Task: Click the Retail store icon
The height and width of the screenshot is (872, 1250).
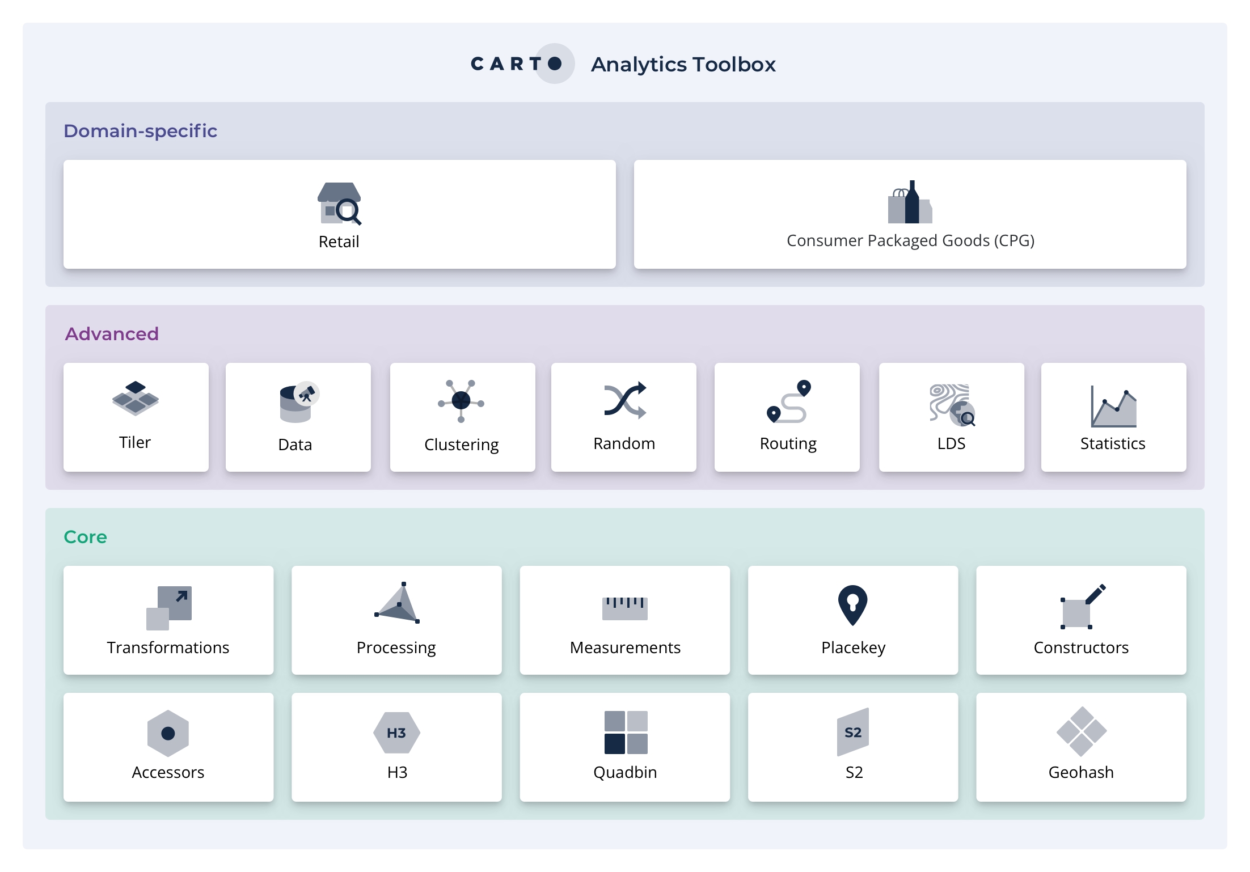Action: pos(339,204)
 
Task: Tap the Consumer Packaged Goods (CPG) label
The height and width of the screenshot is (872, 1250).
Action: pos(910,241)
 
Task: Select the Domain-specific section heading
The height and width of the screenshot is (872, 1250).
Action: pos(140,131)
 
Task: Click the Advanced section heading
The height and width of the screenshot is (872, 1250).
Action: pos(112,334)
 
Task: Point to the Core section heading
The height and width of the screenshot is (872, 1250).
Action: pos(85,537)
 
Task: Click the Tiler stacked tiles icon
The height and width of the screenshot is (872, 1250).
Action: pos(136,399)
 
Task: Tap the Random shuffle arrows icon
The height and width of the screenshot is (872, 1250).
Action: pos(625,400)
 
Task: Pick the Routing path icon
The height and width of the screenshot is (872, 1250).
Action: pos(788,401)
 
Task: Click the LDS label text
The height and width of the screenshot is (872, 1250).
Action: pos(951,443)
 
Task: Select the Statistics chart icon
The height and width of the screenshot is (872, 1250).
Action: pos(1114,406)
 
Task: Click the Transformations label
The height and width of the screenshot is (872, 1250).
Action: pos(168,647)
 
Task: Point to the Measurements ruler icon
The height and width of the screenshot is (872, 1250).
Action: pos(624,608)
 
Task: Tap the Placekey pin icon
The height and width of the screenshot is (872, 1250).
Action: pos(852,606)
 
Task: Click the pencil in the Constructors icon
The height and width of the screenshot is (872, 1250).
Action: pos(1095,594)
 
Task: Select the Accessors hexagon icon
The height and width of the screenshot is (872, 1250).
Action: pos(168,733)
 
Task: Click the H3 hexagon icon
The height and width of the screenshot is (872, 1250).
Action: pos(396,733)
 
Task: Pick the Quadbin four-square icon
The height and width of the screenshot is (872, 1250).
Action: pos(626,733)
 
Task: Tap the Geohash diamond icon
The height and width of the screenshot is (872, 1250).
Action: pos(1082,731)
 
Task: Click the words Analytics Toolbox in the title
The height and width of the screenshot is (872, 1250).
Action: pos(683,65)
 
